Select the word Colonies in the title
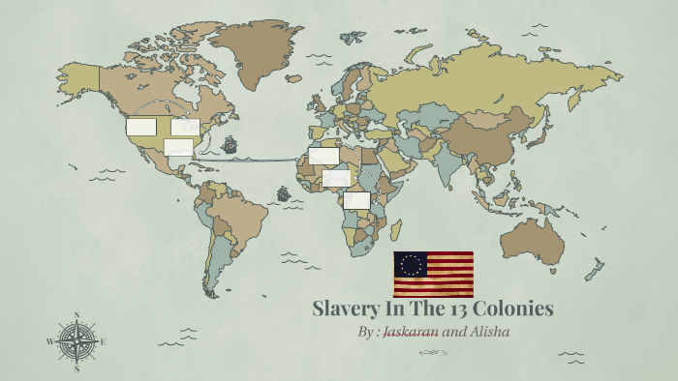click(x=521, y=309)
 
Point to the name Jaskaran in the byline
click(x=411, y=332)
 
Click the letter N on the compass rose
click(x=77, y=314)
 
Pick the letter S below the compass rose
click(x=77, y=368)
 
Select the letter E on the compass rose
click(x=104, y=341)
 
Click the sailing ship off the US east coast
click(x=230, y=145)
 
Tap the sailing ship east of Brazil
click(x=283, y=192)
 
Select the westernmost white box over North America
click(x=141, y=127)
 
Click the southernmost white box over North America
click(x=178, y=147)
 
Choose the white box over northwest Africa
click(x=324, y=156)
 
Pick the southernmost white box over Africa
click(x=356, y=200)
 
